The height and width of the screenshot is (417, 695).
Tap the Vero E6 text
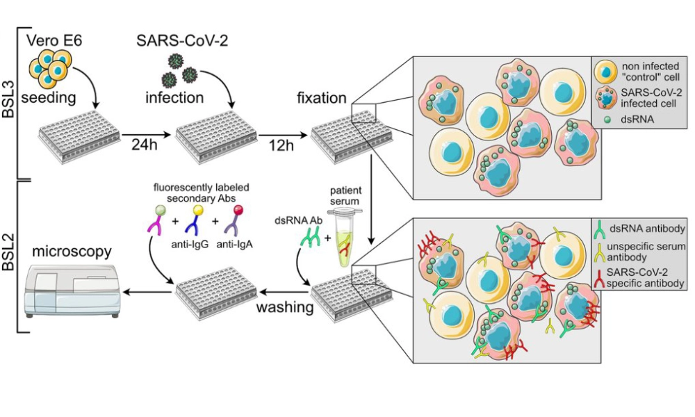tap(54, 40)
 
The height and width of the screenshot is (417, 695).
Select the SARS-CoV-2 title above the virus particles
tap(182, 40)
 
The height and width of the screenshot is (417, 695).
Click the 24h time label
tap(144, 145)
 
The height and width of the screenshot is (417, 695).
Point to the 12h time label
tap(281, 145)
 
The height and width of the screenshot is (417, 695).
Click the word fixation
tap(321, 97)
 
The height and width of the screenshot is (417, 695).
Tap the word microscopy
tap(72, 252)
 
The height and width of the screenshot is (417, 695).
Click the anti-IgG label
tap(190, 243)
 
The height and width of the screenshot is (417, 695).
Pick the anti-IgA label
tap(234, 243)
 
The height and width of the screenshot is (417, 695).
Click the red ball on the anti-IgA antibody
tap(238, 209)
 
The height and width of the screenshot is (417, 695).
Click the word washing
tap(284, 306)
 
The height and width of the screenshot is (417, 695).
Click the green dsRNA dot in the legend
tap(607, 120)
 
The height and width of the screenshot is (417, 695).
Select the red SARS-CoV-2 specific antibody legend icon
tap(599, 278)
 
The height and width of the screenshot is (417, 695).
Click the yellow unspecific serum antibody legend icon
tap(599, 252)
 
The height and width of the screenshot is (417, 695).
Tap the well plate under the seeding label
tap(79, 136)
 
